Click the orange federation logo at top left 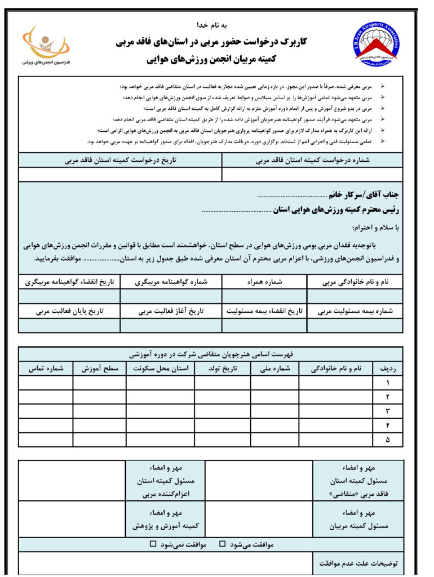[45, 42]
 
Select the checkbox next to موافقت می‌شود [222, 544]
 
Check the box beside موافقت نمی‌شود [153, 544]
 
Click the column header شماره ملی [274, 369]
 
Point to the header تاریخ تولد [223, 369]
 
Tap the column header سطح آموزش [100, 369]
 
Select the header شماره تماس [46, 369]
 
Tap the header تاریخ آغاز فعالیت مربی [171, 311]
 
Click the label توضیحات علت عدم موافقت [358, 562]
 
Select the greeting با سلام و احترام [375, 228]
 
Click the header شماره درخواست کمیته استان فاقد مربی [312, 160]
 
